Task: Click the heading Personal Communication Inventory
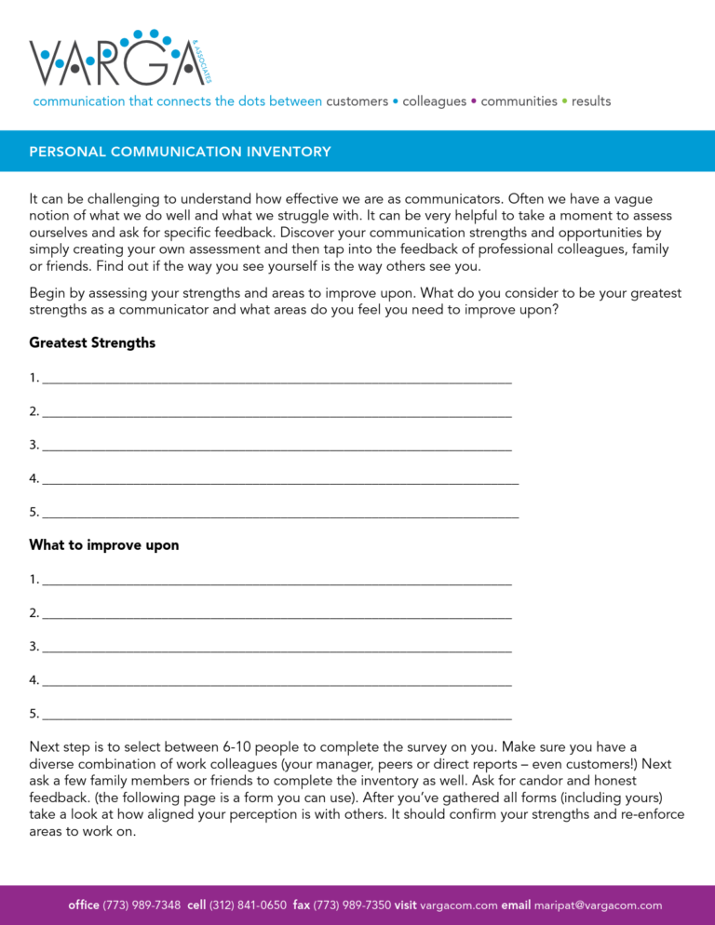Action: (180, 152)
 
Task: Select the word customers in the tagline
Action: (357, 101)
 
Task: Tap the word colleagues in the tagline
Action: (434, 101)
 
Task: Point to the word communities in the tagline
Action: (519, 101)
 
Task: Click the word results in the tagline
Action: (591, 101)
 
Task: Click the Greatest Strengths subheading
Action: (92, 343)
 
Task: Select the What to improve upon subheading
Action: (104, 545)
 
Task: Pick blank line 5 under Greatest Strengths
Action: (279, 513)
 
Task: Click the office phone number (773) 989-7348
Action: (142, 905)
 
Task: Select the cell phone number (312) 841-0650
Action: (248, 905)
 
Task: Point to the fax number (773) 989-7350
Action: (352, 905)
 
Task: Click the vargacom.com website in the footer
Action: (459, 905)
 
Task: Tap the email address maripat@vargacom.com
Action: (598, 905)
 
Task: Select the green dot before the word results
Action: (564, 101)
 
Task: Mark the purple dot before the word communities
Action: (474, 101)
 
